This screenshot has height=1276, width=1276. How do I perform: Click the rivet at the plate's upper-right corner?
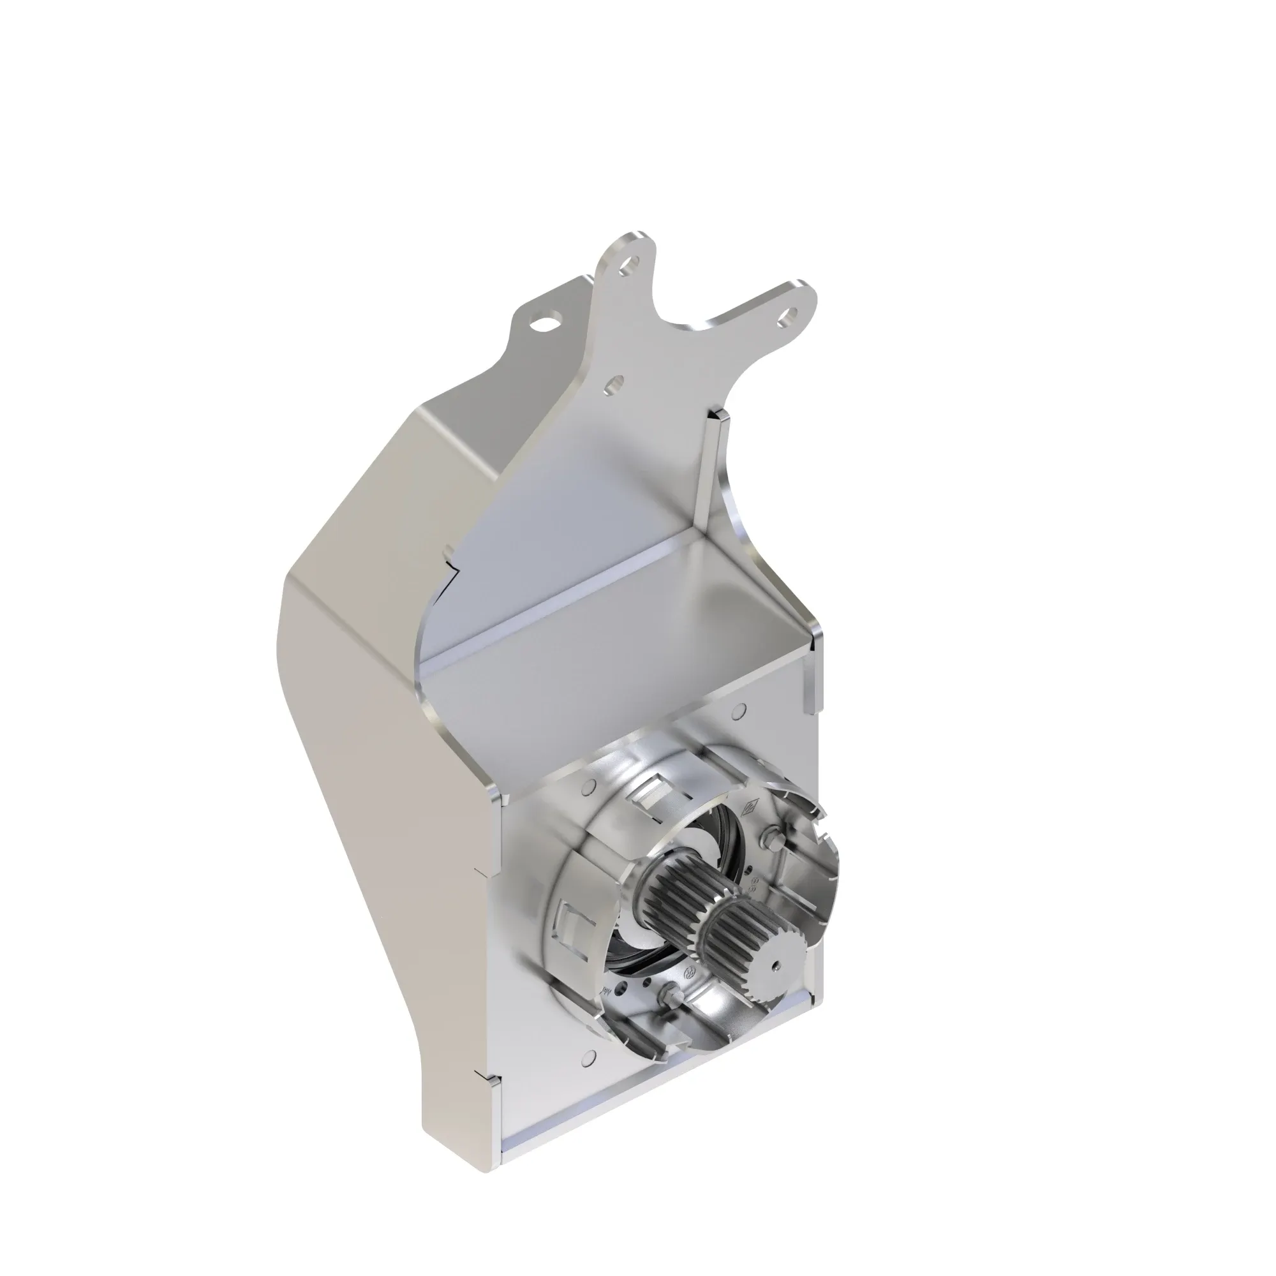739,710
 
